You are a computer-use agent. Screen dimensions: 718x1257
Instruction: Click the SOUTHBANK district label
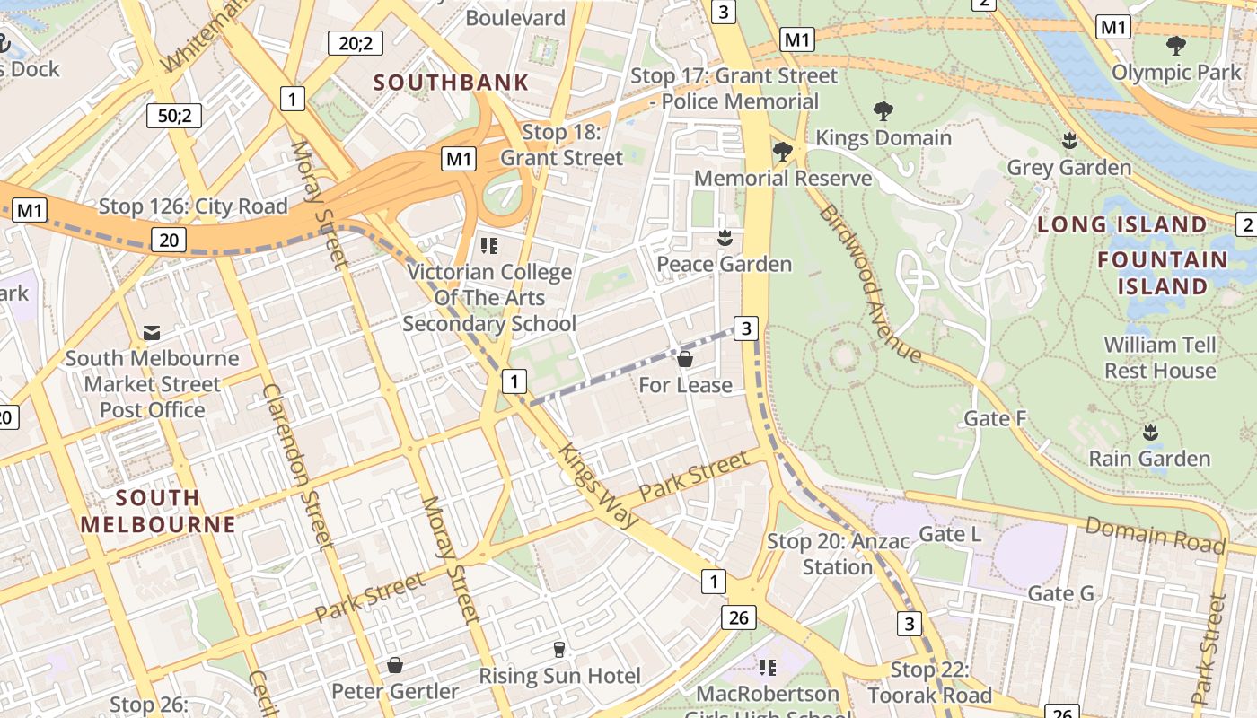click(x=451, y=83)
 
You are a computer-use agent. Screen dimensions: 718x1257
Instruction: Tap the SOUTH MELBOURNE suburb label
click(x=158, y=511)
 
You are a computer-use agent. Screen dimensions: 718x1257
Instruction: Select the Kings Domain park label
click(x=883, y=137)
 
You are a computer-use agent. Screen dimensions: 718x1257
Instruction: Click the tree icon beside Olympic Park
click(x=1175, y=45)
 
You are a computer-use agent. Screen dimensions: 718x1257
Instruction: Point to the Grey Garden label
click(x=1069, y=168)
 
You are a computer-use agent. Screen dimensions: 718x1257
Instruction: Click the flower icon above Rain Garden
click(x=1150, y=432)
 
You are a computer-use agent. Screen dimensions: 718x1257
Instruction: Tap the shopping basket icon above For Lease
click(x=685, y=359)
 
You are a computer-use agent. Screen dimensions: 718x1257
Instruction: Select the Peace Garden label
click(x=724, y=264)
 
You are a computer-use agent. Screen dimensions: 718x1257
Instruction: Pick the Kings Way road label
click(x=599, y=486)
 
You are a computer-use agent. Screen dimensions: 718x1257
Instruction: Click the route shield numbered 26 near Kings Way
click(x=738, y=617)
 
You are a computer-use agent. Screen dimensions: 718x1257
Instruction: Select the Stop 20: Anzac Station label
click(x=838, y=554)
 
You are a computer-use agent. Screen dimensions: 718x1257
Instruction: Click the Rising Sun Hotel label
click(x=559, y=676)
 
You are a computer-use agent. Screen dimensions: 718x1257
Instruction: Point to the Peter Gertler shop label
click(x=395, y=691)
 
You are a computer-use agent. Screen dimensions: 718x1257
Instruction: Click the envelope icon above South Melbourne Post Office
click(x=152, y=333)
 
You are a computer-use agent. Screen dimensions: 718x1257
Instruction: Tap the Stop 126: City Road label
click(x=193, y=206)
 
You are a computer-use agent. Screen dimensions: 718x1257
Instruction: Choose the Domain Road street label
click(x=1155, y=536)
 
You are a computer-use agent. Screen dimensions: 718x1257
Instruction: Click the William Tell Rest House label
click(x=1160, y=357)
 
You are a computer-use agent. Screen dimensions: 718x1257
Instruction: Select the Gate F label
click(x=995, y=418)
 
